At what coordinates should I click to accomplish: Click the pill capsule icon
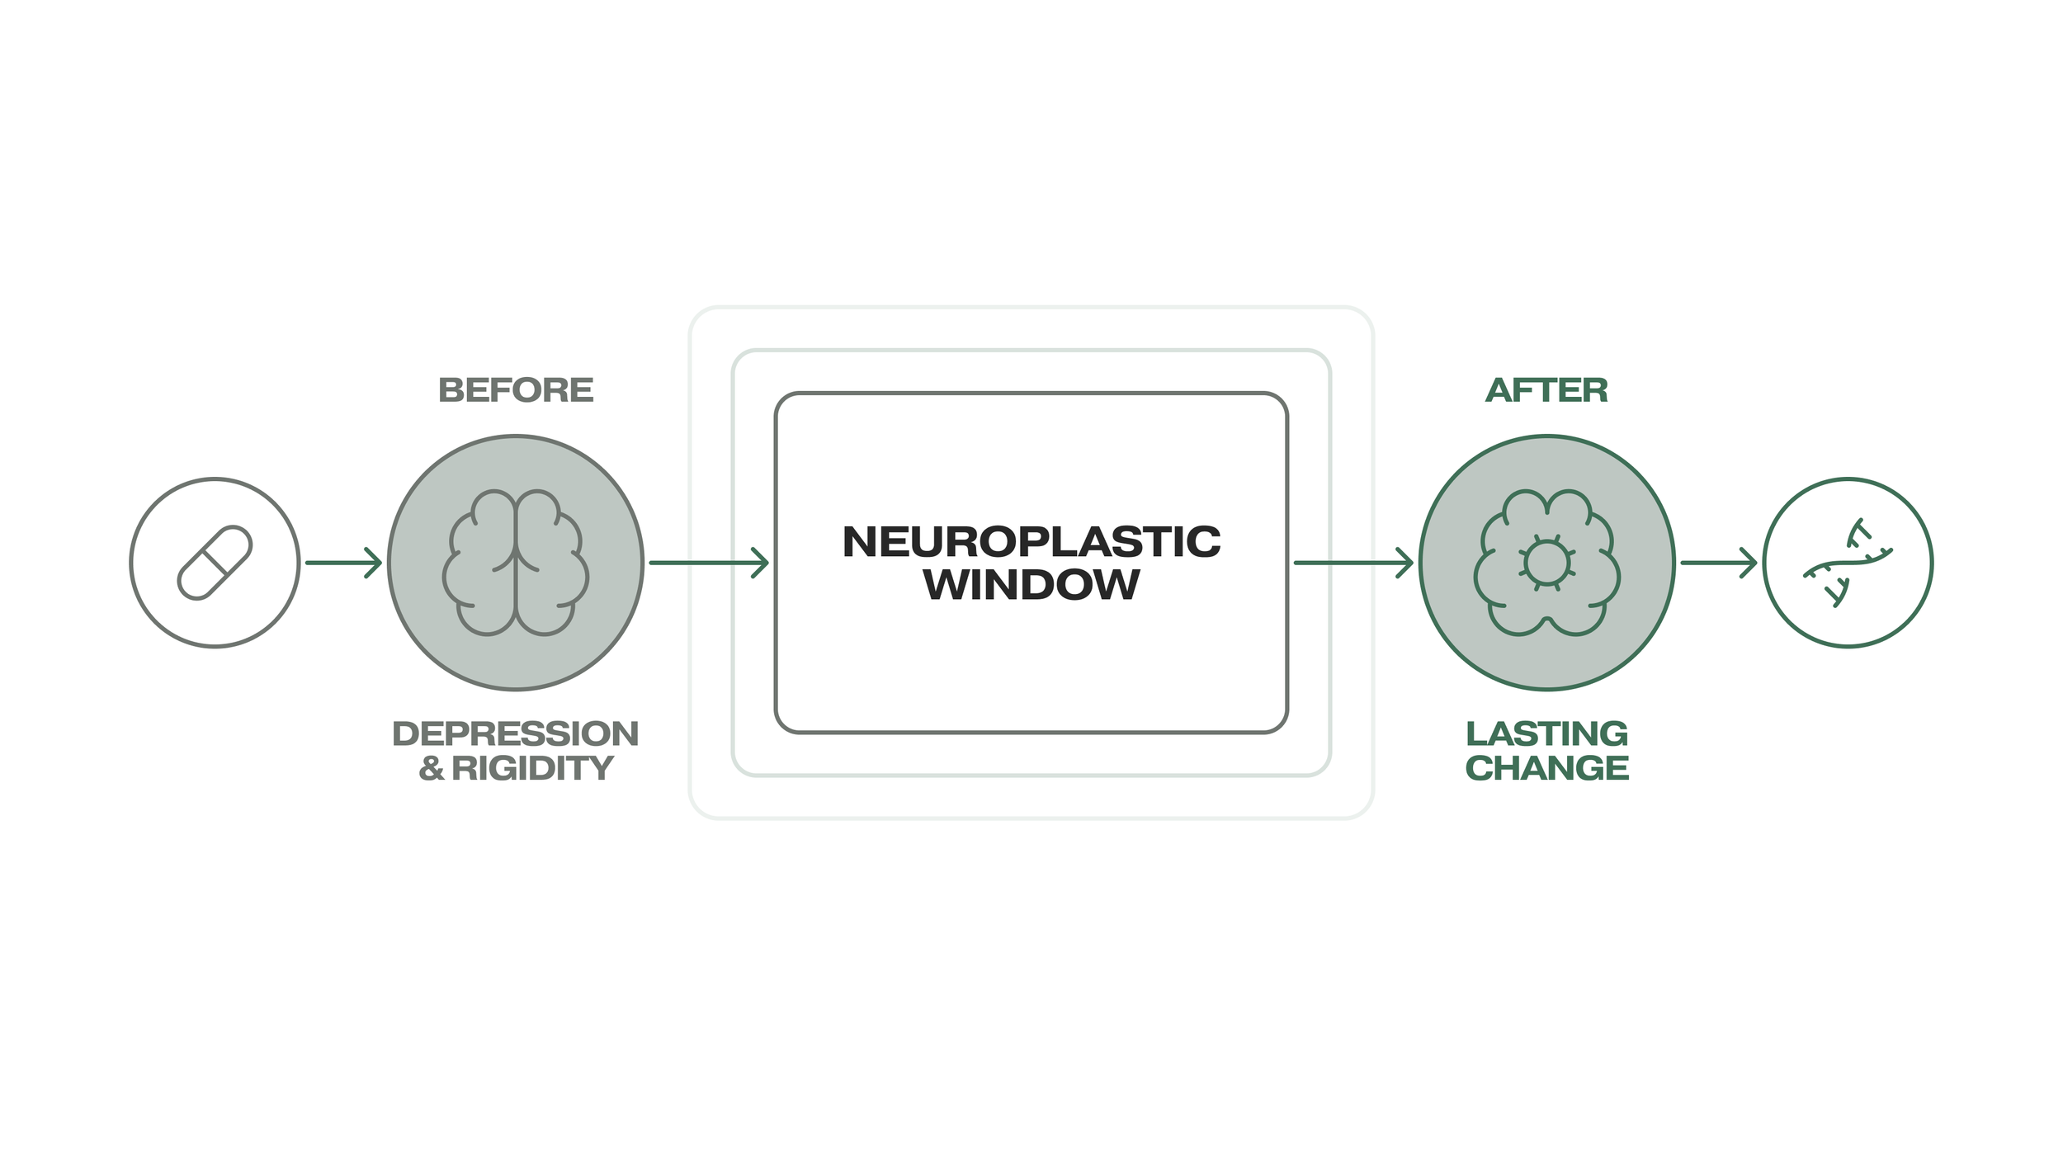pyautogui.click(x=215, y=563)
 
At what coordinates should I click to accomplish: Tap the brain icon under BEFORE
pyautogui.click(x=516, y=563)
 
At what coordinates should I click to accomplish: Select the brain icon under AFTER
pyautogui.click(x=1546, y=563)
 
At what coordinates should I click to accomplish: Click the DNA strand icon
pyautogui.click(x=1848, y=563)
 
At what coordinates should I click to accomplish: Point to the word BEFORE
pyautogui.click(x=516, y=390)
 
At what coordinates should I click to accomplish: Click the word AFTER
pyautogui.click(x=1546, y=390)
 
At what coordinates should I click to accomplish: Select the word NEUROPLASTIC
pyautogui.click(x=1031, y=542)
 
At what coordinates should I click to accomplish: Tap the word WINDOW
pyautogui.click(x=1031, y=585)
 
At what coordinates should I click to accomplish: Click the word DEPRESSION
pyautogui.click(x=516, y=733)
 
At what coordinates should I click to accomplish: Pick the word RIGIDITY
pyautogui.click(x=532, y=768)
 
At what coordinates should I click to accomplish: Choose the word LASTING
pyautogui.click(x=1546, y=733)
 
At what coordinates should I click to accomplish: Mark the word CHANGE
pyautogui.click(x=1546, y=768)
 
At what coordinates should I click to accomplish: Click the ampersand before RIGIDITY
pyautogui.click(x=432, y=768)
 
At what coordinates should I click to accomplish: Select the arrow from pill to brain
pyautogui.click(x=343, y=563)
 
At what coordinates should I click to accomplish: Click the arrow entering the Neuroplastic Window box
pyautogui.click(x=709, y=563)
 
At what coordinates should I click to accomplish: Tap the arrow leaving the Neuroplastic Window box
pyautogui.click(x=1353, y=563)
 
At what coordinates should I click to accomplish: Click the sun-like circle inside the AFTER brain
pyautogui.click(x=1546, y=563)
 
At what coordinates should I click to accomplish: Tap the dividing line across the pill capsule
pyautogui.click(x=215, y=563)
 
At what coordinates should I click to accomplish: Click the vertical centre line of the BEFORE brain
pyautogui.click(x=516, y=594)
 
